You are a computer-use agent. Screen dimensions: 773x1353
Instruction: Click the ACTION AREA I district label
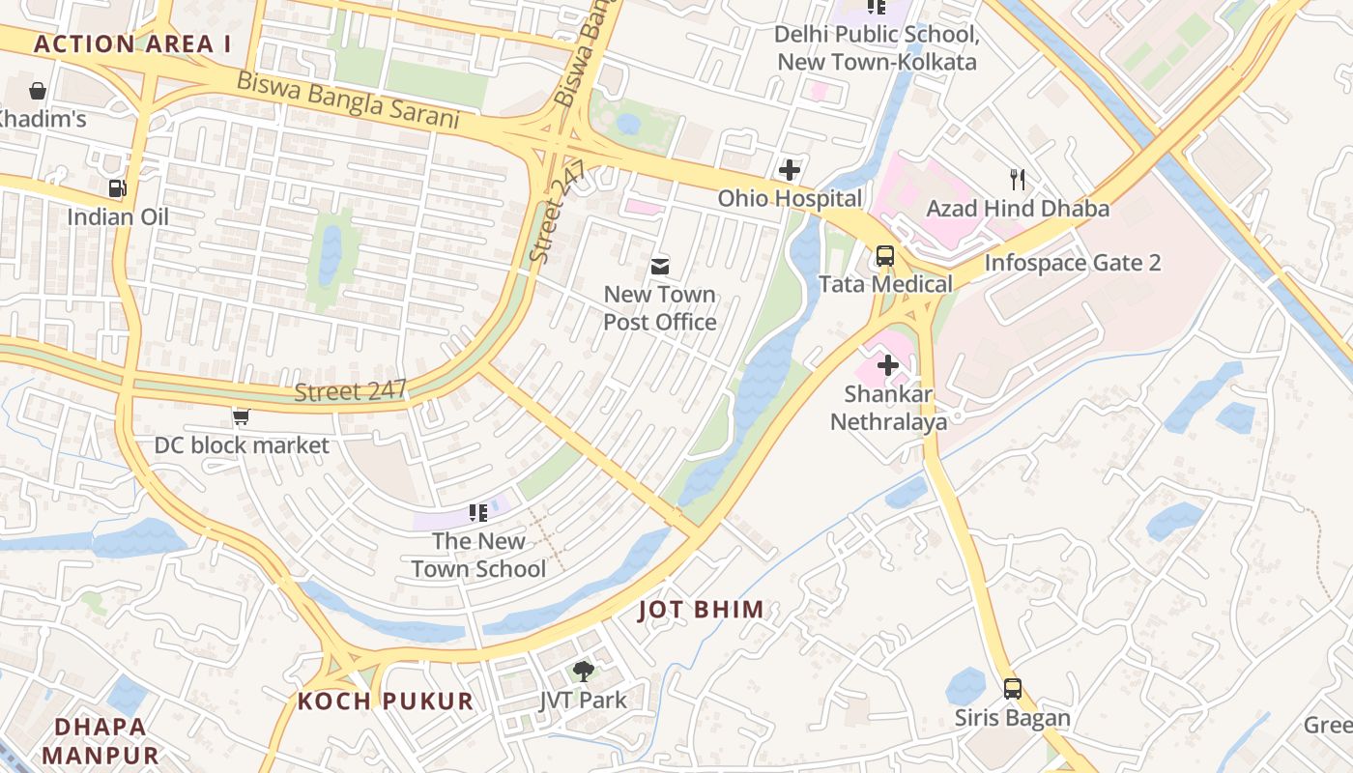click(132, 43)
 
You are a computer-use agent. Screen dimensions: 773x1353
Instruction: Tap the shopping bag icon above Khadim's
click(38, 91)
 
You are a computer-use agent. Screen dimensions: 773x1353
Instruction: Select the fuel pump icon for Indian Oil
click(117, 187)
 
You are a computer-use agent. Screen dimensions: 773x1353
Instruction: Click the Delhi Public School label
click(877, 48)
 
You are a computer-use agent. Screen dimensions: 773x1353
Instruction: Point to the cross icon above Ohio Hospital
click(790, 170)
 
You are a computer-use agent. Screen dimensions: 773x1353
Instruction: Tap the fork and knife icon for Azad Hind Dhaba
click(1017, 179)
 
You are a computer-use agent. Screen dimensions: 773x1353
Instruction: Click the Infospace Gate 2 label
click(1072, 263)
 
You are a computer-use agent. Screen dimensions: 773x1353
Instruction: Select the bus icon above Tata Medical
click(884, 256)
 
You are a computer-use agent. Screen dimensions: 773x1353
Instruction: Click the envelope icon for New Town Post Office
click(660, 266)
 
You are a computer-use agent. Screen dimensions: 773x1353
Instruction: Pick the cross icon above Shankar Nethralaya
click(887, 365)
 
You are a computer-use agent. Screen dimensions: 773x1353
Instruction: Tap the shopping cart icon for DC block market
click(241, 416)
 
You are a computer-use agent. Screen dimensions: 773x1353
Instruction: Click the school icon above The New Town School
click(477, 512)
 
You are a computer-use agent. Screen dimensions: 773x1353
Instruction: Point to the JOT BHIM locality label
click(702, 610)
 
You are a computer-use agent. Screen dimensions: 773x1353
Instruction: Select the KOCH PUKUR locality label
click(385, 701)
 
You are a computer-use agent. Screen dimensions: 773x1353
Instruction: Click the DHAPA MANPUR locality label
click(101, 740)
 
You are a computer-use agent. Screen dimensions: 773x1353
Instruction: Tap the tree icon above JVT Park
click(583, 671)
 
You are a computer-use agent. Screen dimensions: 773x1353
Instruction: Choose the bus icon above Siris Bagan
click(1012, 689)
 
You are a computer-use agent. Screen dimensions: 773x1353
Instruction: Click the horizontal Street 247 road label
click(350, 391)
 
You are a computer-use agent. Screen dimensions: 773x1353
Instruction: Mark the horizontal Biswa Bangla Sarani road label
click(348, 100)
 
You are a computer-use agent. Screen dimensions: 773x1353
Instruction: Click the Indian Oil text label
click(118, 216)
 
